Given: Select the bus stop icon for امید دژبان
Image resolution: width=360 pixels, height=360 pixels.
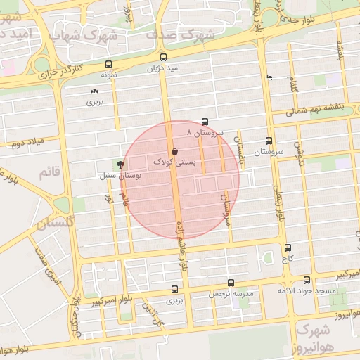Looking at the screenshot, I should point(164,57).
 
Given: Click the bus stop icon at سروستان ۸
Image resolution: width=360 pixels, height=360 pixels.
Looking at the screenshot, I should point(205,122).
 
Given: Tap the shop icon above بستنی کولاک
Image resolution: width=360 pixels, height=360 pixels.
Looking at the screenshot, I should point(174,151).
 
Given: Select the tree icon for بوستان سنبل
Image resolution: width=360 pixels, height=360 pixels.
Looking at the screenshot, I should point(121,164).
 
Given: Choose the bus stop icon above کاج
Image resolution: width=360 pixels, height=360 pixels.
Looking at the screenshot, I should point(288,247).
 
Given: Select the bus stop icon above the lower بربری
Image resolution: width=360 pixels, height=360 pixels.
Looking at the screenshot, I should point(174,289).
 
